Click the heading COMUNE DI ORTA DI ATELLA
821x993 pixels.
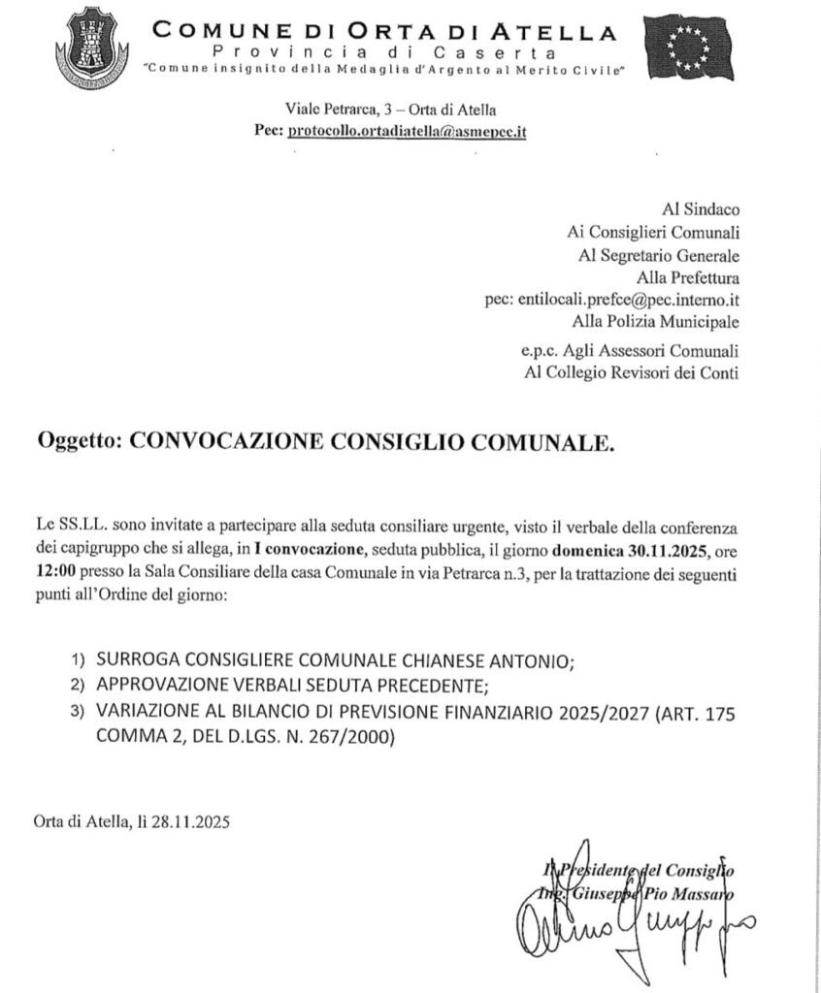pyautogui.click(x=384, y=32)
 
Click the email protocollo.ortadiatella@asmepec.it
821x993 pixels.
pyautogui.click(x=408, y=132)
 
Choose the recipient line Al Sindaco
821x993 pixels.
pyautogui.click(x=700, y=208)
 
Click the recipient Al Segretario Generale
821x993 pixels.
pyautogui.click(x=659, y=256)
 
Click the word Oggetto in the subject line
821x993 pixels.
pyautogui.click(x=77, y=443)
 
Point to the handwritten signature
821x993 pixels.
pyautogui.click(x=631, y=921)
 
